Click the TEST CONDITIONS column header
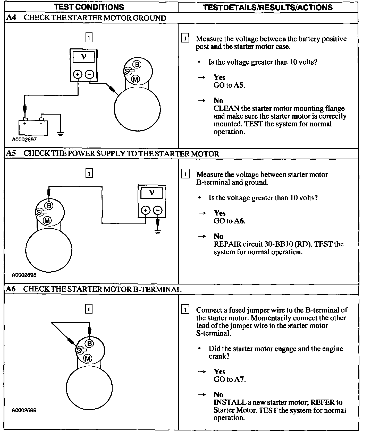pyautogui.click(x=89, y=7)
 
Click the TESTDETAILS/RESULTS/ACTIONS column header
pyautogui.click(x=268, y=7)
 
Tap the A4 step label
pyautogui.click(x=11, y=18)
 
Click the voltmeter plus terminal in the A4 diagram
pyautogui.click(x=78, y=74)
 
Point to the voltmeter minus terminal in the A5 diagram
pyautogui.click(x=158, y=210)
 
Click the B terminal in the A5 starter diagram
pyautogui.click(x=49, y=205)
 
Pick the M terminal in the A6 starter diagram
pyautogui.click(x=88, y=358)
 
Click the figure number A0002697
pyautogui.click(x=24, y=140)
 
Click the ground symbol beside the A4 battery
pyautogui.click(x=61, y=134)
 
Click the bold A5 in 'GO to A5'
pyautogui.click(x=239, y=85)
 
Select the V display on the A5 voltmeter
pyautogui.click(x=151, y=193)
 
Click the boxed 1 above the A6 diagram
pyautogui.click(x=89, y=309)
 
